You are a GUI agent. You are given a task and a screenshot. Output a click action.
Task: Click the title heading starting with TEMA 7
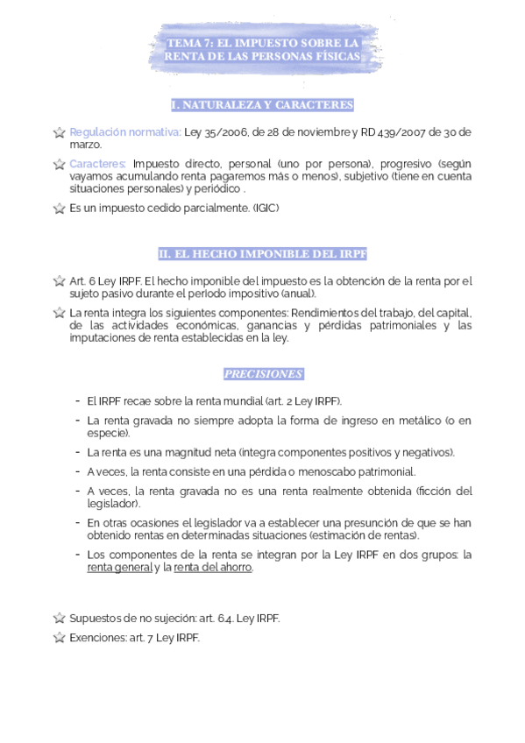(x=262, y=49)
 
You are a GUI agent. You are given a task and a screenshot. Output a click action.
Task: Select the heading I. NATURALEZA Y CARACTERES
(x=262, y=105)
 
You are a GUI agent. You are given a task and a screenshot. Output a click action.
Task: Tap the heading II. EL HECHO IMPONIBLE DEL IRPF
(x=262, y=254)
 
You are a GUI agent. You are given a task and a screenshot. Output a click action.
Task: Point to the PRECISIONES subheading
(x=262, y=374)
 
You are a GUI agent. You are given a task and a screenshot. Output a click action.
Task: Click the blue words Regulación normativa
(x=125, y=132)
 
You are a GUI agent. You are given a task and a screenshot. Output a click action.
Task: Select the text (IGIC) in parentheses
(x=265, y=209)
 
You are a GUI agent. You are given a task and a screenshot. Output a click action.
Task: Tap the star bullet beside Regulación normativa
(x=59, y=133)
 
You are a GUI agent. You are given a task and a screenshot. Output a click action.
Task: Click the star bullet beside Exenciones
(x=59, y=638)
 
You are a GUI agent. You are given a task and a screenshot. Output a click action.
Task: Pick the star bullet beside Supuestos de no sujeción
(x=59, y=619)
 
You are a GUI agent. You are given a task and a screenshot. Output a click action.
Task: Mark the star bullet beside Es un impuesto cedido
(x=59, y=209)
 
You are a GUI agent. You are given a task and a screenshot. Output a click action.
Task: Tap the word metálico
(x=415, y=421)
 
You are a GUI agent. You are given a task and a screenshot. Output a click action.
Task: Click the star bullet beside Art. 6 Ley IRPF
(x=59, y=282)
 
